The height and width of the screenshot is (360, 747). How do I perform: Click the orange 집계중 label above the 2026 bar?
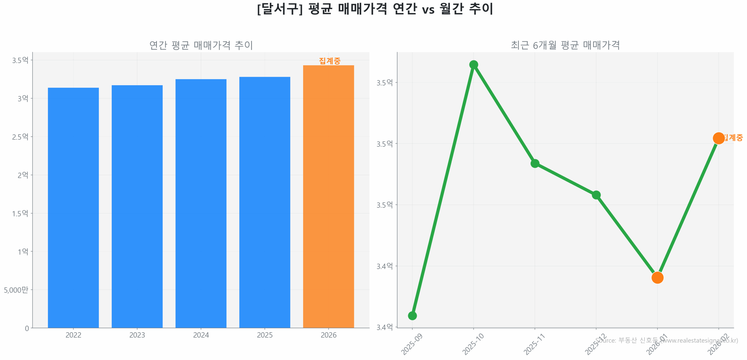click(x=329, y=61)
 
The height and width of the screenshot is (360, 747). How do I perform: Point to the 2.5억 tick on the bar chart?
click(x=20, y=137)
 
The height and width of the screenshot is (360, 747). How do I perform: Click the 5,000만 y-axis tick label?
click(x=16, y=290)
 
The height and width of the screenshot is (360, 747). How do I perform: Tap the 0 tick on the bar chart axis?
click(x=27, y=328)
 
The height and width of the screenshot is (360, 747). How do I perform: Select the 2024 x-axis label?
click(x=201, y=335)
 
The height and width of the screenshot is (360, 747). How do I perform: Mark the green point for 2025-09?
click(x=412, y=315)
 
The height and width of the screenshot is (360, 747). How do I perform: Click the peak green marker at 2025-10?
click(x=473, y=64)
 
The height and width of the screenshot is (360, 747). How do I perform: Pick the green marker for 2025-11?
click(x=535, y=163)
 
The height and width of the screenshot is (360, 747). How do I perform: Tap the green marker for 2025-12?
click(x=596, y=195)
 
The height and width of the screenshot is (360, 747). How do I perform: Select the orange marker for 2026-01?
click(x=657, y=277)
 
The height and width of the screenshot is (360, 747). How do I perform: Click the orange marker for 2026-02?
click(x=718, y=138)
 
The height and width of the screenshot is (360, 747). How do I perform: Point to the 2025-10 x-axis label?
click(x=473, y=344)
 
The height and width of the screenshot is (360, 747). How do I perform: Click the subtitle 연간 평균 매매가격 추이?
click(x=201, y=45)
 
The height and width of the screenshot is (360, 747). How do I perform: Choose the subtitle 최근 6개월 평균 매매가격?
click(x=565, y=45)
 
